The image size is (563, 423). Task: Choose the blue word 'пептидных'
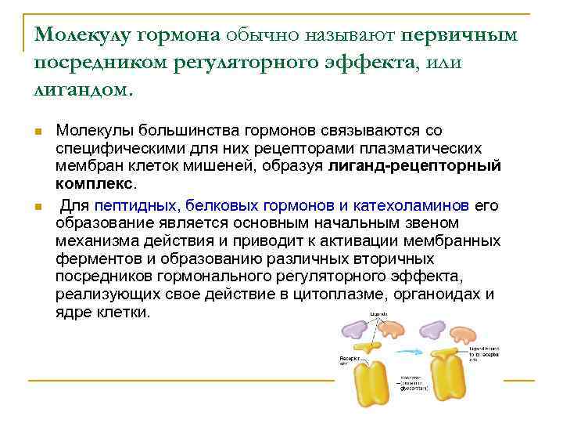(x=137, y=206)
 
